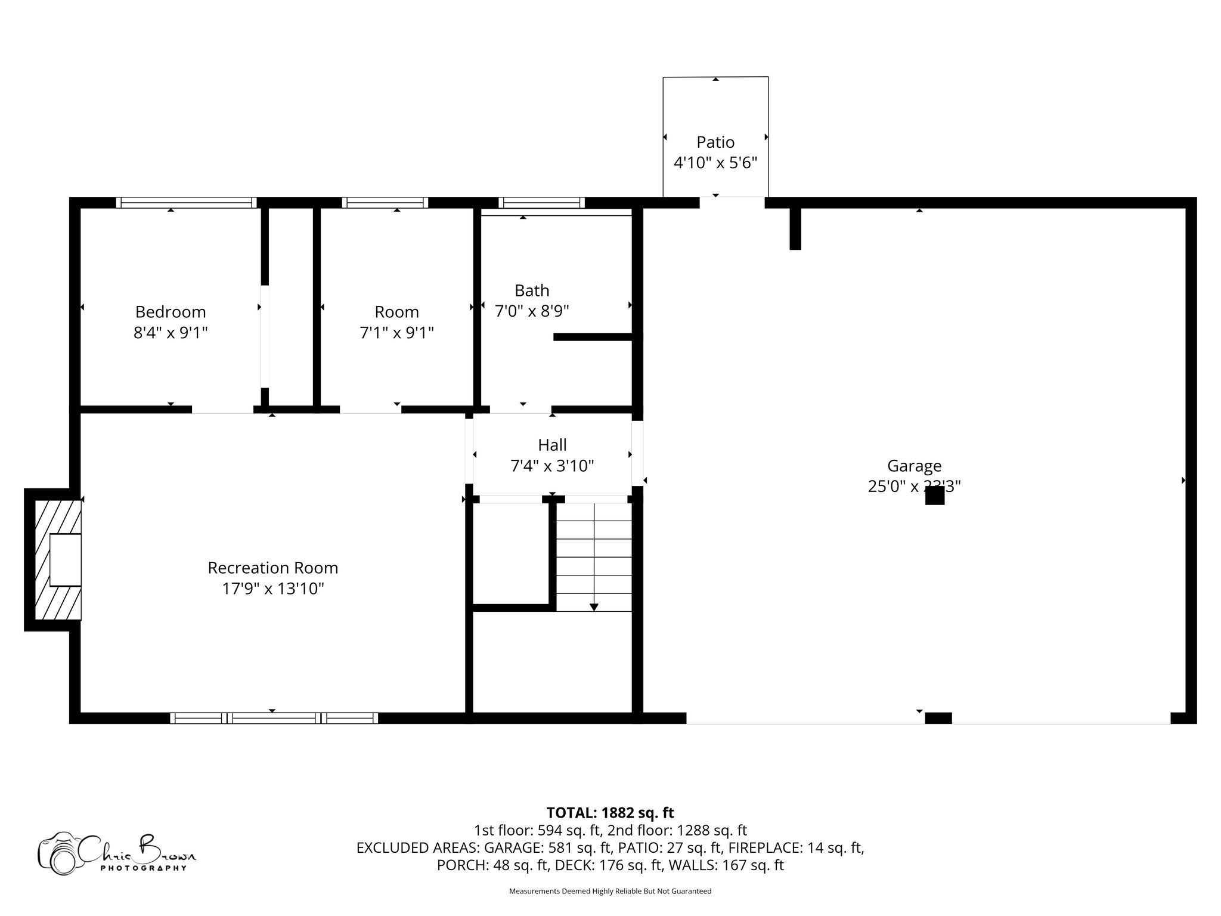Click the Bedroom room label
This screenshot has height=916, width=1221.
coord(171,312)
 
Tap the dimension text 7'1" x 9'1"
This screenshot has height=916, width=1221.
coord(396,333)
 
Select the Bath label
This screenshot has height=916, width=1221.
coord(532,290)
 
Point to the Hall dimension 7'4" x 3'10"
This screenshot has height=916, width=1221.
coord(552,466)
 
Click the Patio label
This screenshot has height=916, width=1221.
coord(715,142)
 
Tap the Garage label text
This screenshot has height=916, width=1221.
coord(914,466)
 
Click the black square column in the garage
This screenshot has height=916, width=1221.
coord(934,496)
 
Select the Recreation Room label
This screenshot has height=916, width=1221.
coord(272,568)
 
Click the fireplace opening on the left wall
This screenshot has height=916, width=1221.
coord(65,559)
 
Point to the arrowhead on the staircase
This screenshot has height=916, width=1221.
coord(594,607)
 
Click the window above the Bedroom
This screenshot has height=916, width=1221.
coord(186,203)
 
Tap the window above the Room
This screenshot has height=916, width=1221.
coord(385,203)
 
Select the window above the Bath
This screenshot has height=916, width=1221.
coord(541,203)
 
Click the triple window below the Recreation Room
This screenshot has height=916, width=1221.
coord(274,718)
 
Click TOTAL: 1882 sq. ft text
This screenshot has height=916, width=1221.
coord(610,813)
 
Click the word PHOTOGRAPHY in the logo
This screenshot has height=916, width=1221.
coord(143,868)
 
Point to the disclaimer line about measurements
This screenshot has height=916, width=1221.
coord(610,892)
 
